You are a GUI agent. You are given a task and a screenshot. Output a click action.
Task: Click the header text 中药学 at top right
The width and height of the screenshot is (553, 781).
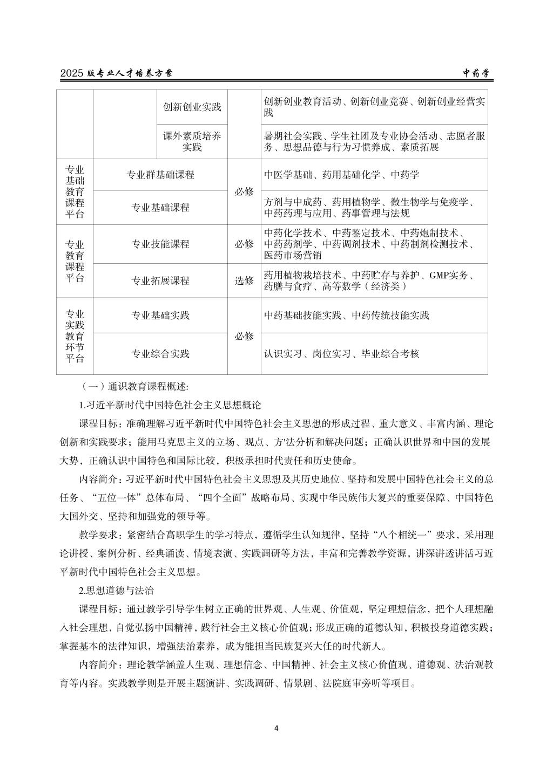475,73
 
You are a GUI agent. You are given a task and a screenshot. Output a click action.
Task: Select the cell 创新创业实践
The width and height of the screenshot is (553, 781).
192,107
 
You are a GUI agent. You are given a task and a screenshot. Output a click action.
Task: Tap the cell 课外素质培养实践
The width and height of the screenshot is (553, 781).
192,141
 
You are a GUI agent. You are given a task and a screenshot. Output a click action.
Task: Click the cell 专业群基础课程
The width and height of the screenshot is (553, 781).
160,175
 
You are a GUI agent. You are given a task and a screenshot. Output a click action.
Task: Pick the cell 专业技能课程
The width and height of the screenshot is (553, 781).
160,244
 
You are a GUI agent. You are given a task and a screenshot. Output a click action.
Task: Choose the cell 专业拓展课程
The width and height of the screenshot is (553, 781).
160,280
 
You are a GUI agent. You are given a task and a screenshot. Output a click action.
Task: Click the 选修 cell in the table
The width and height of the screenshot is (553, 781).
244,280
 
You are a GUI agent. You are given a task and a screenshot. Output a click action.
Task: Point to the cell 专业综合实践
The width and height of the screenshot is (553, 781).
160,354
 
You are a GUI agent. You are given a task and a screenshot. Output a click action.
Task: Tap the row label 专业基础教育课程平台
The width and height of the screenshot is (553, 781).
75,191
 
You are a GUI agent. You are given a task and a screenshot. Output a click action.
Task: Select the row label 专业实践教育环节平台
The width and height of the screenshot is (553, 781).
75,336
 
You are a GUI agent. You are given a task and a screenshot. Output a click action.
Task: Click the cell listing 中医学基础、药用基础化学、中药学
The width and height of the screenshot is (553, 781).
341,175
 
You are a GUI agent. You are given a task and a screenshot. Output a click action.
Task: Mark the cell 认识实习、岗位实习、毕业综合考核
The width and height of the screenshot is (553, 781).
341,354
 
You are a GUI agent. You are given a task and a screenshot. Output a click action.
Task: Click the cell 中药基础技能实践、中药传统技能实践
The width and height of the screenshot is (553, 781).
347,315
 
